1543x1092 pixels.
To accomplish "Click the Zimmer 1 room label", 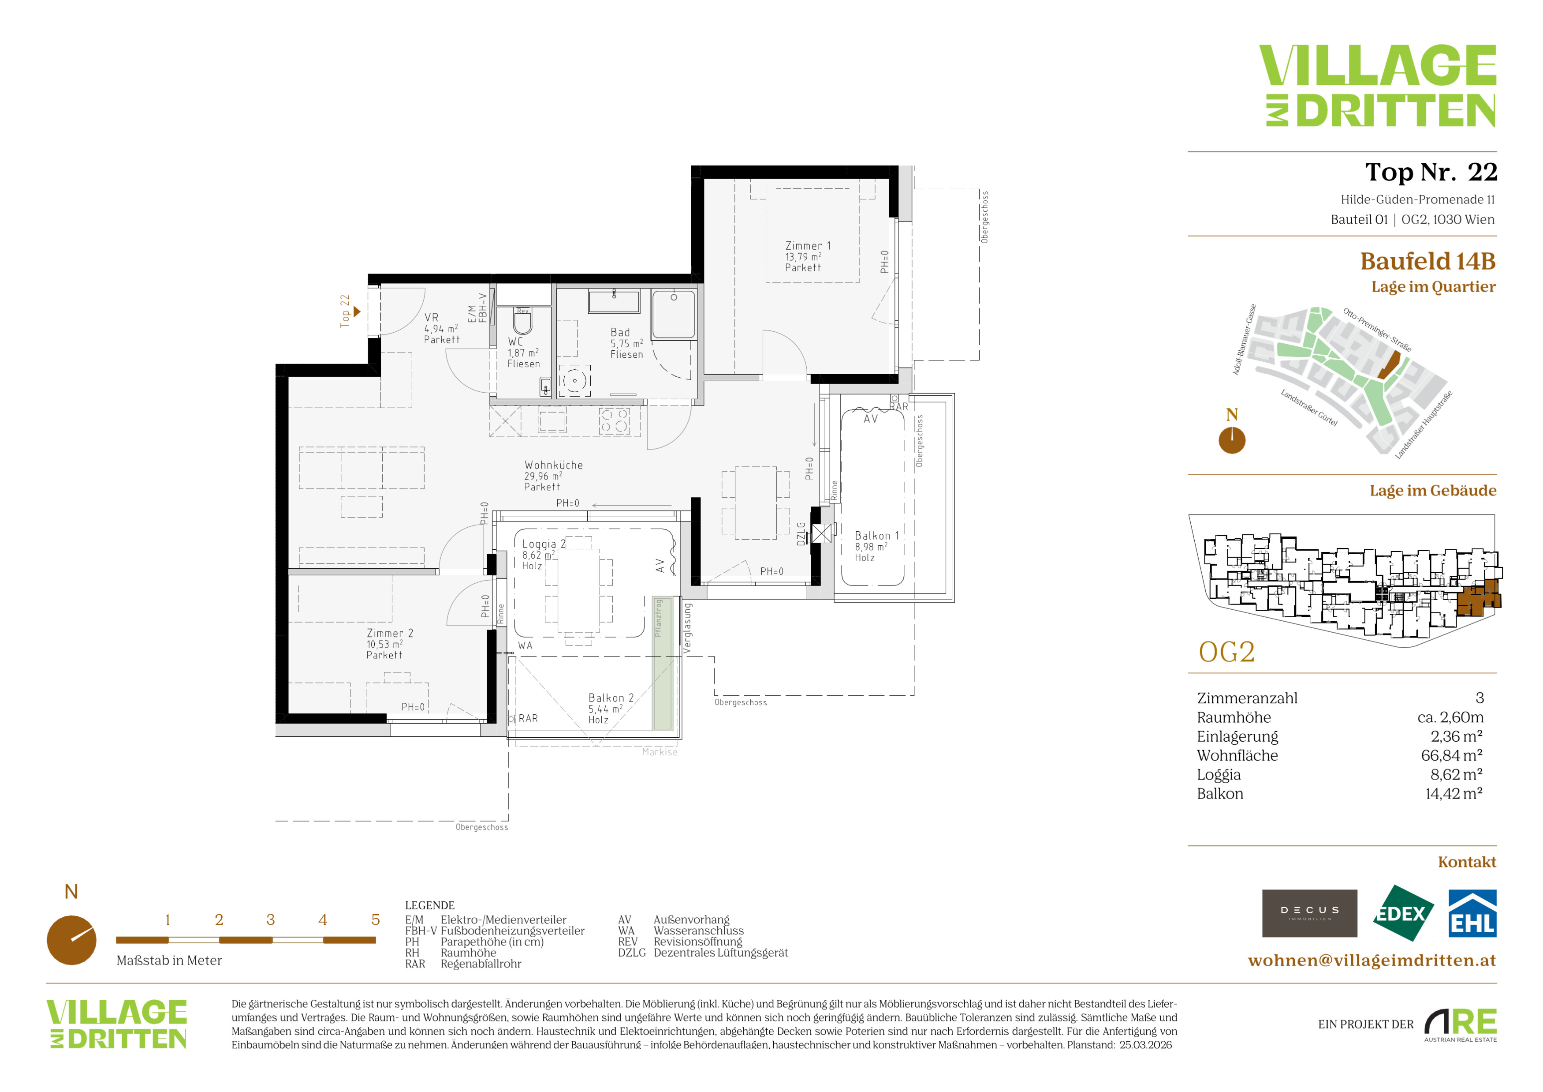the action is click(808, 257).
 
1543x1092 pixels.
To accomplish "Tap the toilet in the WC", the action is click(523, 321).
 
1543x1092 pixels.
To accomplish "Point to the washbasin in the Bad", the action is click(614, 301).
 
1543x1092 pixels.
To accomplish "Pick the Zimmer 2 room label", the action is click(390, 644).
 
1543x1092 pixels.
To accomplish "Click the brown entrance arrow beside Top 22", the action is click(357, 311).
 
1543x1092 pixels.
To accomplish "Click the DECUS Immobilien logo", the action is click(1309, 913).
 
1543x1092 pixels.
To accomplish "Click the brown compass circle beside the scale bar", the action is click(71, 940).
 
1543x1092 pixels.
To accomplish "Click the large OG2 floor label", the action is click(1226, 652).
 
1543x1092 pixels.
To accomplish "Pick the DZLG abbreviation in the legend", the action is click(632, 953).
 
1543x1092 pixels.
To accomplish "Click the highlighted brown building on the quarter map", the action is click(1389, 367).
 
